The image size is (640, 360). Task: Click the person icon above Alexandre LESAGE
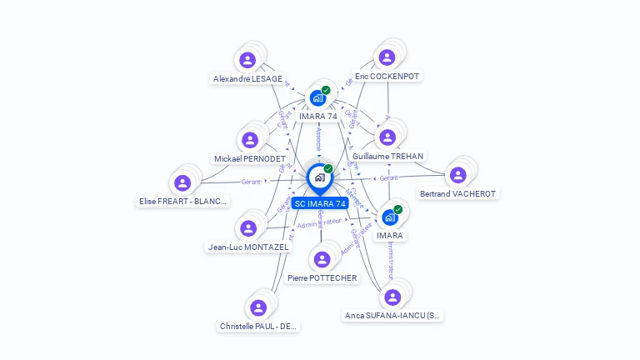(247, 60)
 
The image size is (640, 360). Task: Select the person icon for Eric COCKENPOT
(387, 57)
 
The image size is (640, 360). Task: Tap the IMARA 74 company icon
(317, 97)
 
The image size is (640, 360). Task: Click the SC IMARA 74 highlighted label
(320, 204)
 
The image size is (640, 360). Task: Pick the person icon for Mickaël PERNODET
(250, 140)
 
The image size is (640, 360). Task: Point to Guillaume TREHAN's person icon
(387, 137)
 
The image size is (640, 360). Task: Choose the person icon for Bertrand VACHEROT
(457, 175)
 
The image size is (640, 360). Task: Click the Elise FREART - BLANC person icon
(182, 182)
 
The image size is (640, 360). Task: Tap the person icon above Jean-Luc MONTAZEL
(247, 228)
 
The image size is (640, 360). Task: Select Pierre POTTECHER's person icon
(322, 259)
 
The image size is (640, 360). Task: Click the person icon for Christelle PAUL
(258, 307)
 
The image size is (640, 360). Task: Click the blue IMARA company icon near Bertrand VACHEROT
(389, 218)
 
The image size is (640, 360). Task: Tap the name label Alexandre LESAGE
(247, 79)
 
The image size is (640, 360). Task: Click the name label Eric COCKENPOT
(387, 76)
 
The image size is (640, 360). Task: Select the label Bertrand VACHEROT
(457, 194)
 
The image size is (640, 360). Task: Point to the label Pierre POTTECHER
(322, 278)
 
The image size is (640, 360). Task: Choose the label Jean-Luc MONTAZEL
(248, 247)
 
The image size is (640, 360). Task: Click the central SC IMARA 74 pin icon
(319, 177)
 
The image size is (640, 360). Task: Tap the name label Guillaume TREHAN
(387, 157)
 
